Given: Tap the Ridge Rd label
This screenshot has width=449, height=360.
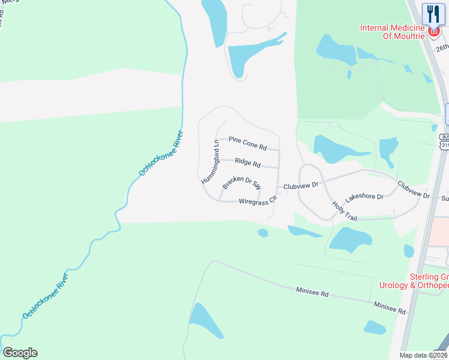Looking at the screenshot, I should click(247, 163).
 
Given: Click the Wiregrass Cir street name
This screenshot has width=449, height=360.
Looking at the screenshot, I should click(257, 201).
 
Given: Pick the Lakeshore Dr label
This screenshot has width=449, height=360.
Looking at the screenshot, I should click(364, 197).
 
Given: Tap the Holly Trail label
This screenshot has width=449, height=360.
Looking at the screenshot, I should click(345, 211).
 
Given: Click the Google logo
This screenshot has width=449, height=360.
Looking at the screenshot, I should click(20, 353).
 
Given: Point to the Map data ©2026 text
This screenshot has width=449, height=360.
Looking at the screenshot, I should click(423, 355).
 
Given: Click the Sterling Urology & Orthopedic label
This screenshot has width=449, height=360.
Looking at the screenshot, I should click(415, 281).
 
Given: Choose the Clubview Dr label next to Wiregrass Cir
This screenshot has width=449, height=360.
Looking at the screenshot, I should click(301, 186).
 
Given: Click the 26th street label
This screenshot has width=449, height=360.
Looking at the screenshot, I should click(442, 47).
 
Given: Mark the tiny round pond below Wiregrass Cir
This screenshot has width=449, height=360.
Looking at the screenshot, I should click(262, 233).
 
